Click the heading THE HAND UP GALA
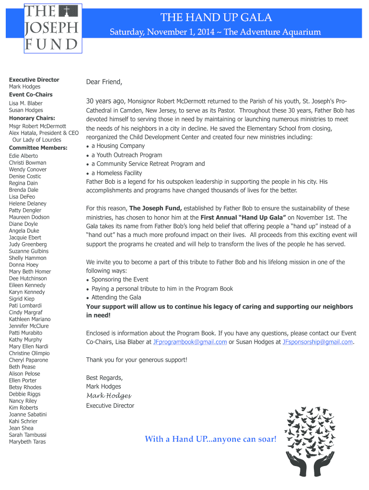(216, 18)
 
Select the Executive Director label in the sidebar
(34, 80)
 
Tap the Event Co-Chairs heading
(31, 95)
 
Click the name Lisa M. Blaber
(26, 103)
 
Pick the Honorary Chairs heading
(32, 118)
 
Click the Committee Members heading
(38, 148)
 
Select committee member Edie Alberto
(23, 156)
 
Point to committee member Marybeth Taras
(27, 442)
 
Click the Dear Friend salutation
(104, 82)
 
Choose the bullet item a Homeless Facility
(116, 173)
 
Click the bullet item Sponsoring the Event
(120, 279)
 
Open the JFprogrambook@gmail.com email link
(190, 342)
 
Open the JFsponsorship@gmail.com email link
(318, 342)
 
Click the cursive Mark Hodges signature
(108, 396)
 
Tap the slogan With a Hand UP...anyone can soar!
(211, 439)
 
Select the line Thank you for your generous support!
(137, 360)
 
